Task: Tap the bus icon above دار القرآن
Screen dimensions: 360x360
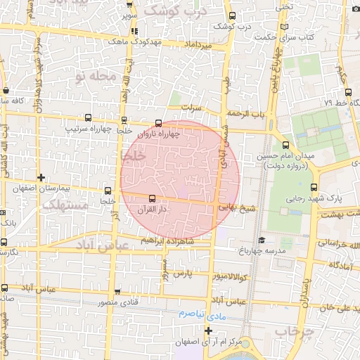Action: (x=152, y=198)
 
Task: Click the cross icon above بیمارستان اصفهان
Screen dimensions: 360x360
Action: (x=41, y=177)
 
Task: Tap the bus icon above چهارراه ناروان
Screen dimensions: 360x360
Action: (x=157, y=122)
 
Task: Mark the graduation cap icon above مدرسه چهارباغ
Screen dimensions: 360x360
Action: (x=262, y=240)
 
